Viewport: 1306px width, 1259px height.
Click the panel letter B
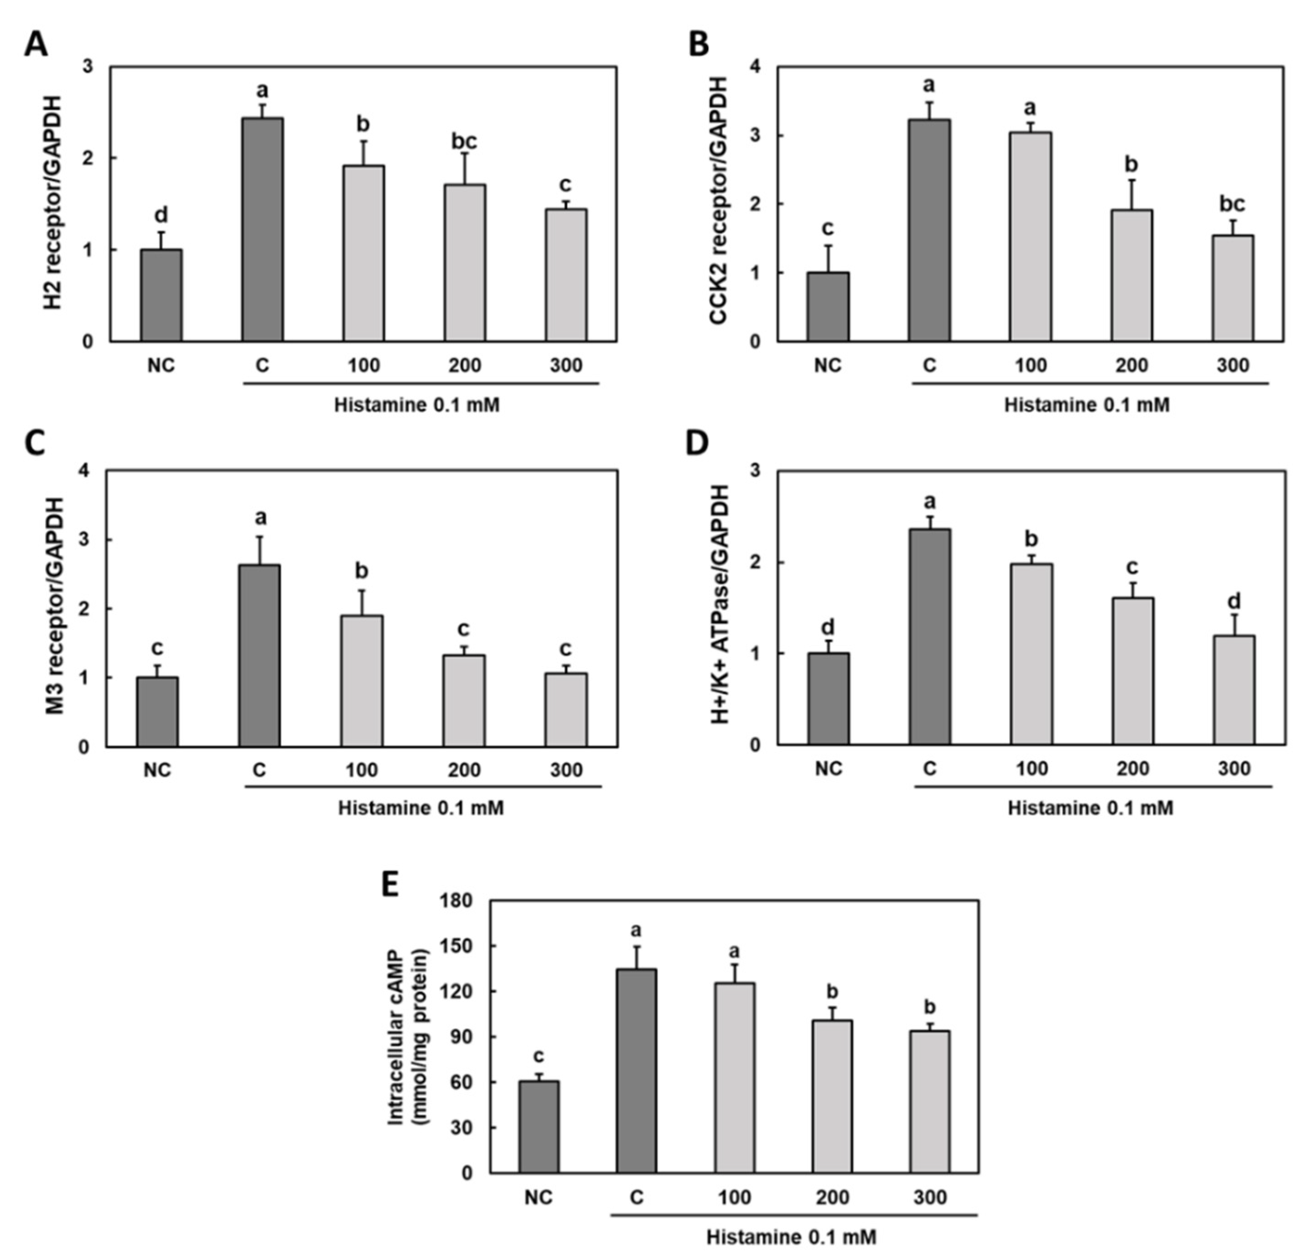(698, 45)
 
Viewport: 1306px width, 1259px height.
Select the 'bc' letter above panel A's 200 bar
(464, 141)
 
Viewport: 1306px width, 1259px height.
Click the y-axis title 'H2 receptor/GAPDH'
(53, 203)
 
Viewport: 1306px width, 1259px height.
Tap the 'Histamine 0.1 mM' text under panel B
(1087, 404)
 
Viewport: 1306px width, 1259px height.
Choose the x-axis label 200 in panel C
(464, 770)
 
